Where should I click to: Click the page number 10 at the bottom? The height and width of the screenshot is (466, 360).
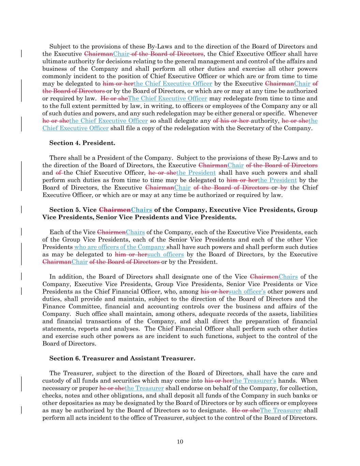[180, 442]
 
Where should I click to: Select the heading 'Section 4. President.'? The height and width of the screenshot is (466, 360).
[82, 143]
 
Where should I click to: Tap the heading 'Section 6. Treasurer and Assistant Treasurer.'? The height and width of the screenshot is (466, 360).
[122, 358]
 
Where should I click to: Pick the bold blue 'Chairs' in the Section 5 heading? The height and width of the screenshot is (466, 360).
[142, 210]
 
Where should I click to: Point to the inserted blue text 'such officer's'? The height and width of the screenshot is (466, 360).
[248, 292]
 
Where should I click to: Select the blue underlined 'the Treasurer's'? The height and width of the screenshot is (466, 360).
[254, 381]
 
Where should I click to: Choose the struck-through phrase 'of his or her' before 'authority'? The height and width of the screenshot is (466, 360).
[231, 121]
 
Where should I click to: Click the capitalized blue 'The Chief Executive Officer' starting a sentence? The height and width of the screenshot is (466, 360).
[168, 99]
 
